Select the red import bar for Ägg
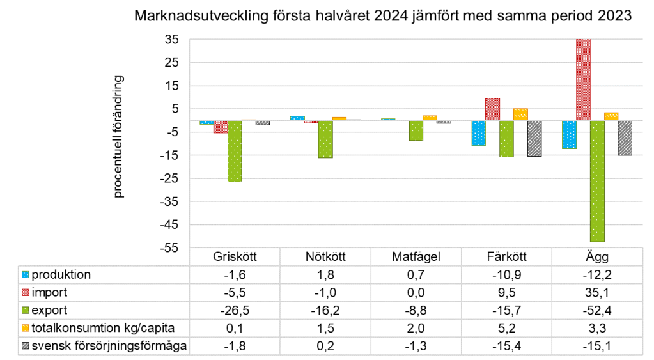(583, 80)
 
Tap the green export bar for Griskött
(235, 151)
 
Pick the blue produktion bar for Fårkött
(478, 133)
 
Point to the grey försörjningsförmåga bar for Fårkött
(534, 138)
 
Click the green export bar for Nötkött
(325, 139)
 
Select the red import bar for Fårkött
(492, 109)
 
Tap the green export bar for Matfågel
(416, 130)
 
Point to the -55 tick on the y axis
(170, 248)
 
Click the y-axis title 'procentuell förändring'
(118, 137)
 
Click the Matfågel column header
(416, 258)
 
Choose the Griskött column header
(234, 258)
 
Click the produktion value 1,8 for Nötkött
(325, 275)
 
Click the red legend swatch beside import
(26, 293)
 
